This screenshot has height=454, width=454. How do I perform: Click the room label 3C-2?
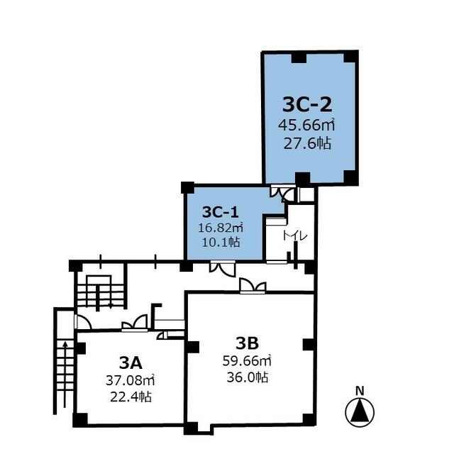[307, 105]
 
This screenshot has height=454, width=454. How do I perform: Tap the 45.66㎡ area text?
[306, 125]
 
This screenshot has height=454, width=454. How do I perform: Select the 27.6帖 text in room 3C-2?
[307, 143]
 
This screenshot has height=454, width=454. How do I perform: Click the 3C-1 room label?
[221, 212]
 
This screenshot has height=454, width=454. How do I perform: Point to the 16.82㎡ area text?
[221, 228]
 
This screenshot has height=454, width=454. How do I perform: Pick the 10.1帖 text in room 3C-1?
[221, 242]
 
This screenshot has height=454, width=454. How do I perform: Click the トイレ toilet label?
[295, 236]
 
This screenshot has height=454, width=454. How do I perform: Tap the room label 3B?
[247, 343]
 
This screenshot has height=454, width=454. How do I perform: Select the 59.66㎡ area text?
[247, 361]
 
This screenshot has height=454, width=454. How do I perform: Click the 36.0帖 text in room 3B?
[248, 377]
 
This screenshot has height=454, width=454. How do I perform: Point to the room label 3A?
[131, 363]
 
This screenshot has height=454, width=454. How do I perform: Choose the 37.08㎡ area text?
[130, 380]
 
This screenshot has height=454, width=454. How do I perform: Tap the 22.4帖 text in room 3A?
[131, 397]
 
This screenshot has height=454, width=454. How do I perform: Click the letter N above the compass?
[360, 391]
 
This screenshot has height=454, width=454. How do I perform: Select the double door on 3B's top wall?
[253, 286]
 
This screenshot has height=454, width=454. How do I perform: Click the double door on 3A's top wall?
[135, 323]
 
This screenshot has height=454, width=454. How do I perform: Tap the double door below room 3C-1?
[223, 268]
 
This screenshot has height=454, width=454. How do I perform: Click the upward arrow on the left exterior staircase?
[65, 374]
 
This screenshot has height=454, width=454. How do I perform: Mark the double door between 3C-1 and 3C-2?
[282, 193]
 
